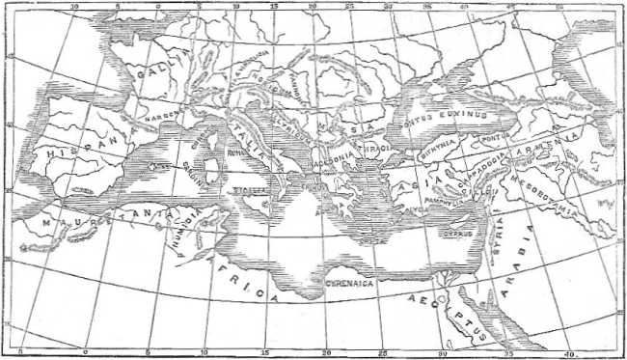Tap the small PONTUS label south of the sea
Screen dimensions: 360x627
tap(494, 137)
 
